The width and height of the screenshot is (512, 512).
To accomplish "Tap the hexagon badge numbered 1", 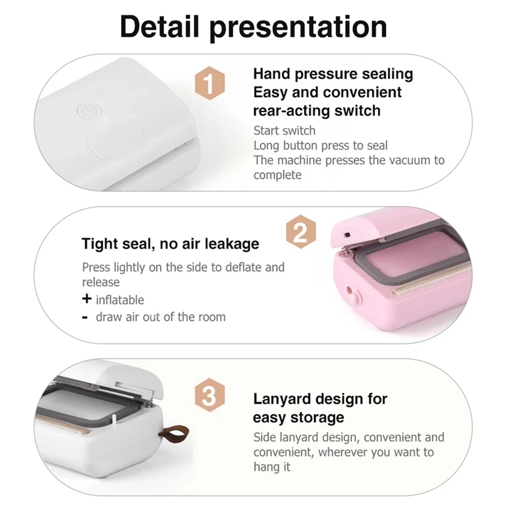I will point(209,83).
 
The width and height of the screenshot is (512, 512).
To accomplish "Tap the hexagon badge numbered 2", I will point(301,232).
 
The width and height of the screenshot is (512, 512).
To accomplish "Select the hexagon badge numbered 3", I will point(209,396).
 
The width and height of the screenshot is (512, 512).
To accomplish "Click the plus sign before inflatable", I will point(86,299).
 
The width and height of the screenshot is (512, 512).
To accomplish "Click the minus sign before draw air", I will point(86,317).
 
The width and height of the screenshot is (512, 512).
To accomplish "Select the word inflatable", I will point(120,300).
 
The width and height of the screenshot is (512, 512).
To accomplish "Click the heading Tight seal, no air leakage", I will point(170,243).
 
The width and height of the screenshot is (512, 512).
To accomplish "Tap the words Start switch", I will point(284,131).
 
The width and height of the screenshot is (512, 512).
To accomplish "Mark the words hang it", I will point(272,467).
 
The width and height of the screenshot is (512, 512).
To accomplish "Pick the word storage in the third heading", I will point(316,418).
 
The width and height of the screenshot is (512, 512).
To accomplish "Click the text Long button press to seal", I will point(320,145).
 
